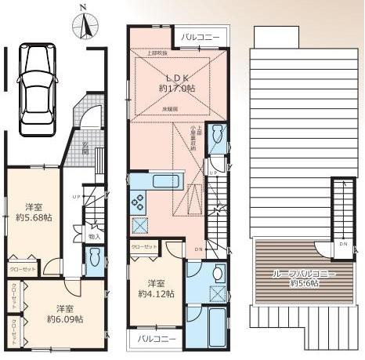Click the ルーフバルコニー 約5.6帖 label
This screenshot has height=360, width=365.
(x=294, y=277)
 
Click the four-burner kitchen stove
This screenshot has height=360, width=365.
(x=139, y=202)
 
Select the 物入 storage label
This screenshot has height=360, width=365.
(x=94, y=235)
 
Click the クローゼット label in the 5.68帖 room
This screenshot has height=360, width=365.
(x=21, y=267)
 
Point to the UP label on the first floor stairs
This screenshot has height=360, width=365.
(x=75, y=195)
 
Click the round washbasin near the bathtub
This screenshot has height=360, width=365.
(x=217, y=275)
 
